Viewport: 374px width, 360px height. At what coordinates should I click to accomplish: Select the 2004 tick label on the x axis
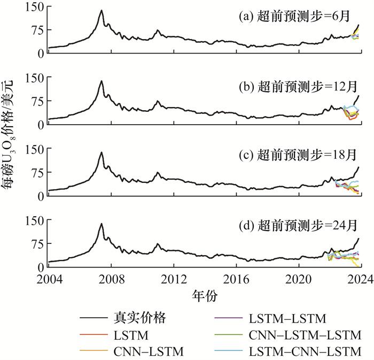click(49, 279)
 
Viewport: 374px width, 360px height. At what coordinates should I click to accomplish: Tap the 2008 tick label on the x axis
click(111, 279)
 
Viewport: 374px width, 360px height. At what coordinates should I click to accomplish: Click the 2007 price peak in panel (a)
click(100, 10)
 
